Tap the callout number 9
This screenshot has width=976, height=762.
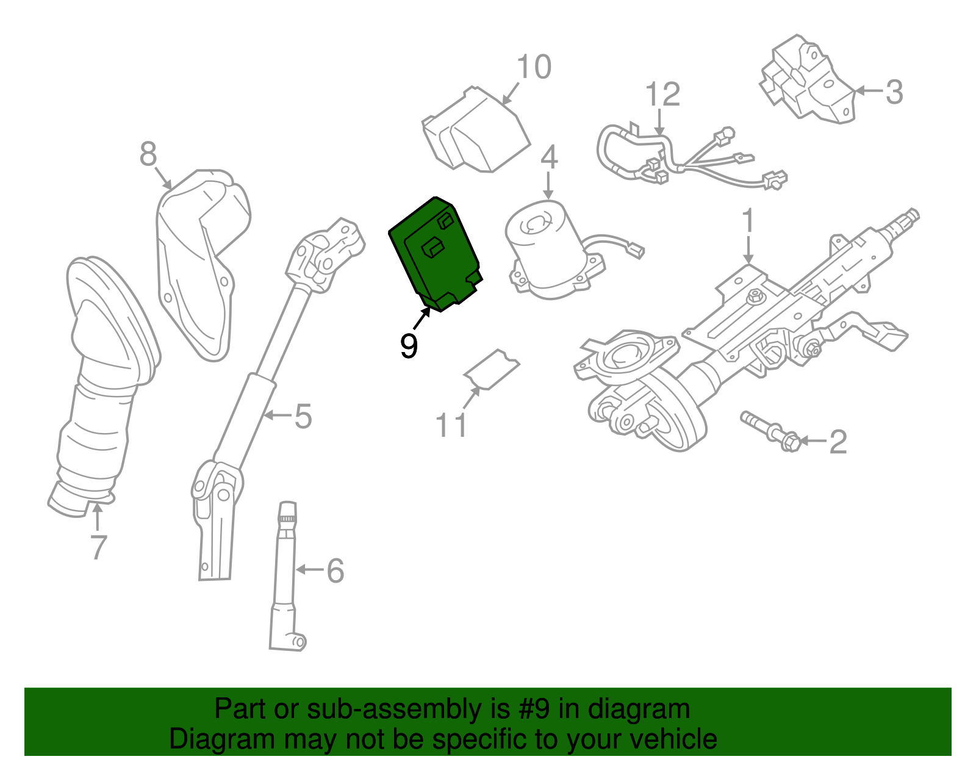pyautogui.click(x=409, y=346)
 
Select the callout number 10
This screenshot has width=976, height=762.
pyautogui.click(x=534, y=67)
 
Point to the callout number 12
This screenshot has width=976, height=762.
pyautogui.click(x=662, y=95)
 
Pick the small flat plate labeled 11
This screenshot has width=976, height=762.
pyautogui.click(x=492, y=370)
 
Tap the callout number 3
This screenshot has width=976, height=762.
pyautogui.click(x=894, y=92)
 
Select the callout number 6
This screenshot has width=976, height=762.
pyautogui.click(x=335, y=571)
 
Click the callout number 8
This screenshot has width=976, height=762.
pyautogui.click(x=148, y=154)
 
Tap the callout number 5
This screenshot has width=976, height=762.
pyautogui.click(x=303, y=417)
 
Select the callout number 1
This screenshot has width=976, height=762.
pyautogui.click(x=748, y=221)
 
